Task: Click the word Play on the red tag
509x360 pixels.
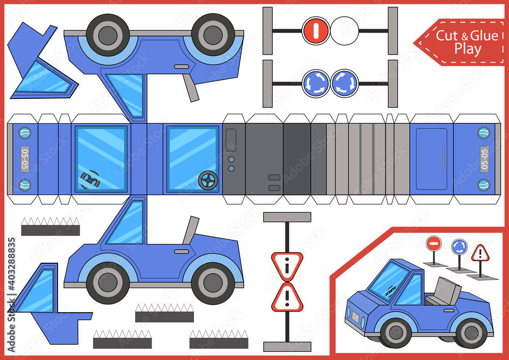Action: click(468, 49)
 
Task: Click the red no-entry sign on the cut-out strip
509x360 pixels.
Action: click(316, 31)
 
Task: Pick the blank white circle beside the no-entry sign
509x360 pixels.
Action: click(345, 31)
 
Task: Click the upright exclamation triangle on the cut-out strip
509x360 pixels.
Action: click(287, 297)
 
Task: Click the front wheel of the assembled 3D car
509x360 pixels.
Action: click(395, 333)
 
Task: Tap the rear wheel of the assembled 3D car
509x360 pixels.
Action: click(470, 333)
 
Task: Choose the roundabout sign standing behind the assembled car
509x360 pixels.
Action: click(459, 246)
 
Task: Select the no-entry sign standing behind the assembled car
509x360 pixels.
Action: click(433, 243)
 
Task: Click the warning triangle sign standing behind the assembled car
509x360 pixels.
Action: click(479, 253)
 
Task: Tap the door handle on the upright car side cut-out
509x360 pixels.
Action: click(181, 251)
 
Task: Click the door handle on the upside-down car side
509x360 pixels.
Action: click(181, 67)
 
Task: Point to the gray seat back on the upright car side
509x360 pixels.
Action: click(189, 230)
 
